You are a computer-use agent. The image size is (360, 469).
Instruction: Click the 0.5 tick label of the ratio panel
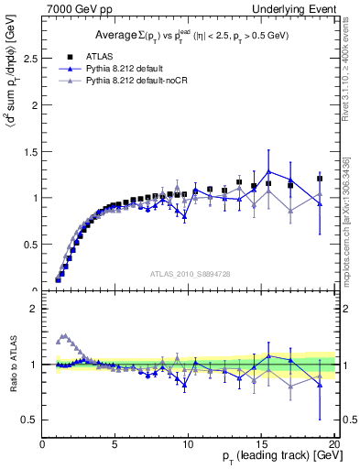pyautogui.click(x=31, y=420)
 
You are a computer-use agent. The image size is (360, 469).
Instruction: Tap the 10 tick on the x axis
pyautogui.click(x=188, y=446)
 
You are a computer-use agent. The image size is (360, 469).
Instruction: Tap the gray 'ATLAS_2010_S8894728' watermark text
pyautogui.click(x=189, y=274)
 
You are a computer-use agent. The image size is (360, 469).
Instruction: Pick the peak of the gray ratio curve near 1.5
pyautogui.click(x=63, y=336)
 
